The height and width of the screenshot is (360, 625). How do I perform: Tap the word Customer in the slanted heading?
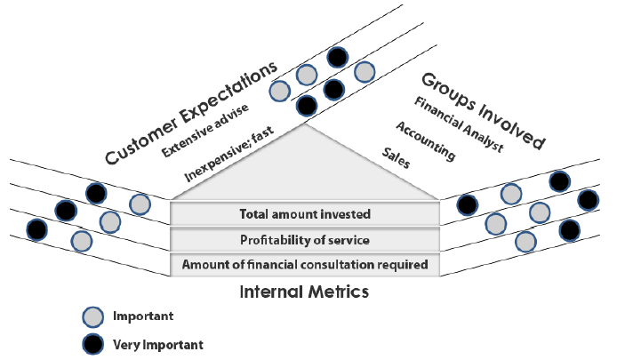[140, 142]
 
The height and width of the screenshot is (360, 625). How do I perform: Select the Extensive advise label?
[205, 130]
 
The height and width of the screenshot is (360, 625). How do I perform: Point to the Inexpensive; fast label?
[228, 154]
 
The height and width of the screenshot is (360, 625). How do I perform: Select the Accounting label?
[425, 141]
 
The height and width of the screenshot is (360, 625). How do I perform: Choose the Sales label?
[396, 158]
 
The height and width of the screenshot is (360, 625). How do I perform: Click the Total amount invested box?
[305, 214]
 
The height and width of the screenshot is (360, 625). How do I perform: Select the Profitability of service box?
[305, 240]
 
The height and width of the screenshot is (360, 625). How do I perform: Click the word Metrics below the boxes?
[339, 292]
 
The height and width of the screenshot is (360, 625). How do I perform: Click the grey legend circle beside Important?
[92, 317]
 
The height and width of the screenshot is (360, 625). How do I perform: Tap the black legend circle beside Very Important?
[92, 345]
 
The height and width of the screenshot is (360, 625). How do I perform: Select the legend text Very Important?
[158, 345]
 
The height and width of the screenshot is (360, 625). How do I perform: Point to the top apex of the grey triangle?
[305, 124]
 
